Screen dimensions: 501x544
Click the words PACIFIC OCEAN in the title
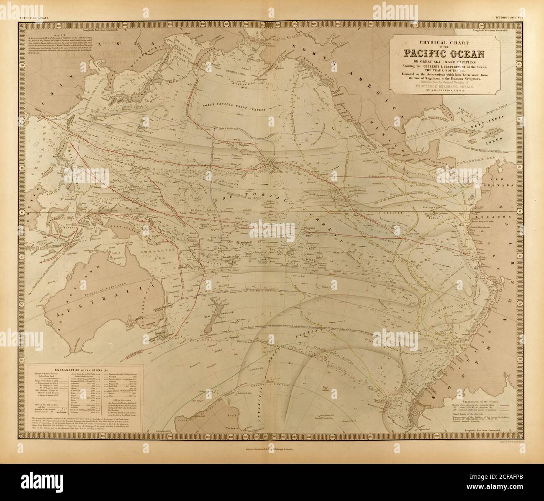click(x=444, y=54)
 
